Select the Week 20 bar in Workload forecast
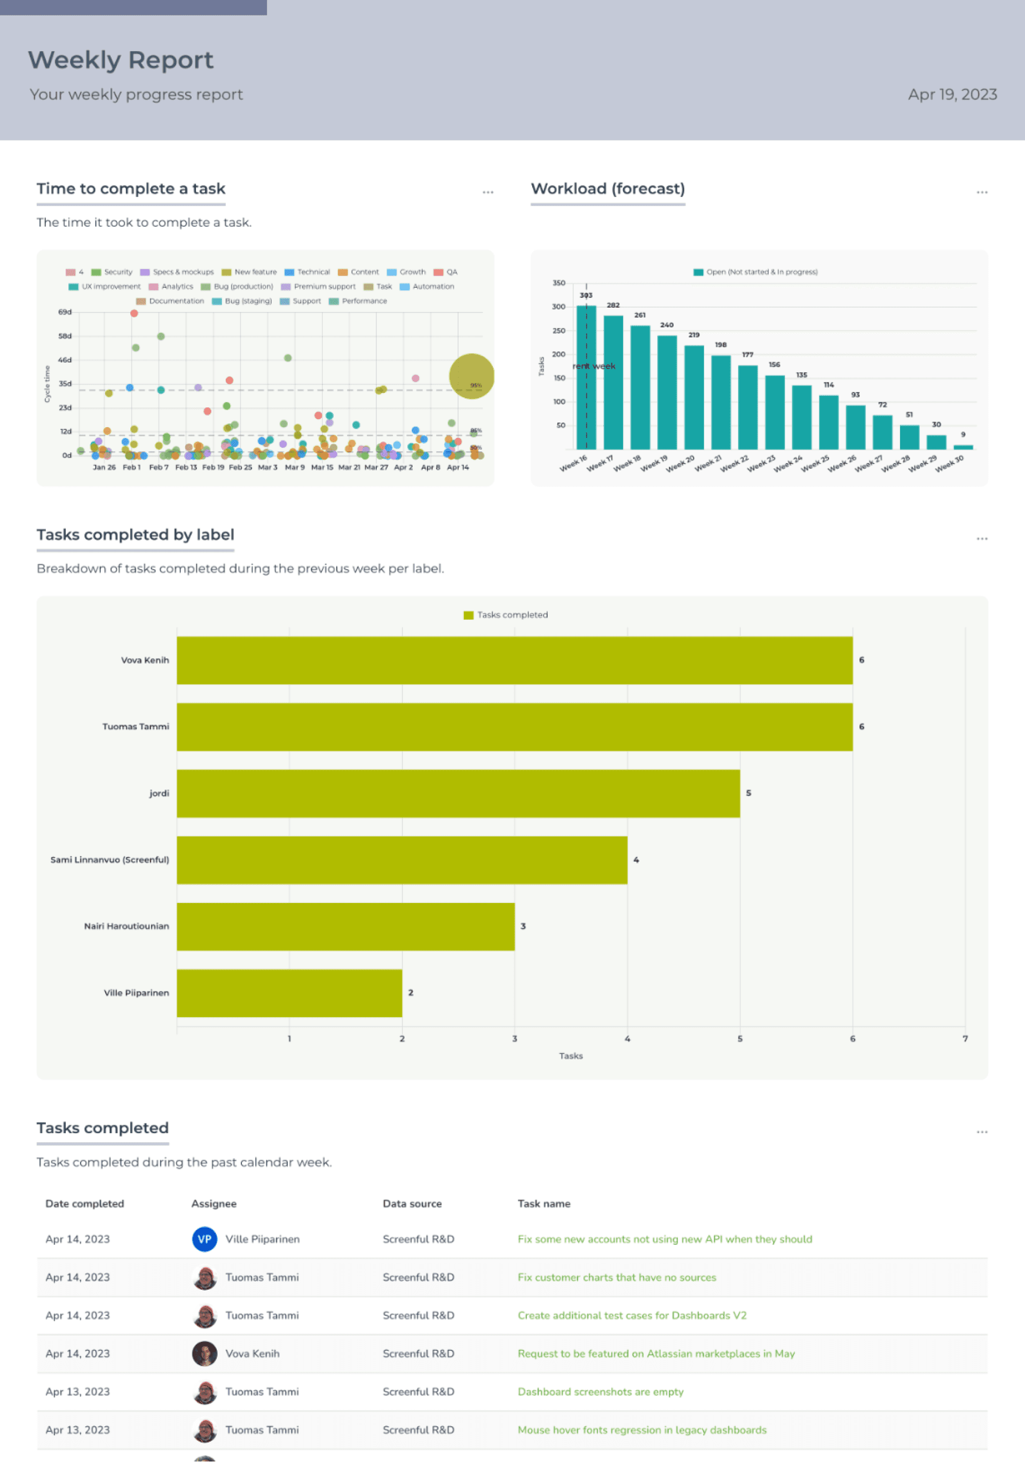pos(693,397)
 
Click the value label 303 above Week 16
pos(586,295)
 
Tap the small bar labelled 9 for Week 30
pos(963,446)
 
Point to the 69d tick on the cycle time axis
pos(65,312)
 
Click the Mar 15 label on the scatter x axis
pos(321,467)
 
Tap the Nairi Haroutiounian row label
pos(126,926)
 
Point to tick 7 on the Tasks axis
pos(965,1039)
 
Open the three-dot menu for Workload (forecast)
pos(982,192)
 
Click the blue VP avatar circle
pos(204,1239)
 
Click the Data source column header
pos(412,1204)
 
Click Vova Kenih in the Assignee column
pos(252,1354)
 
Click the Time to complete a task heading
pos(130,188)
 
